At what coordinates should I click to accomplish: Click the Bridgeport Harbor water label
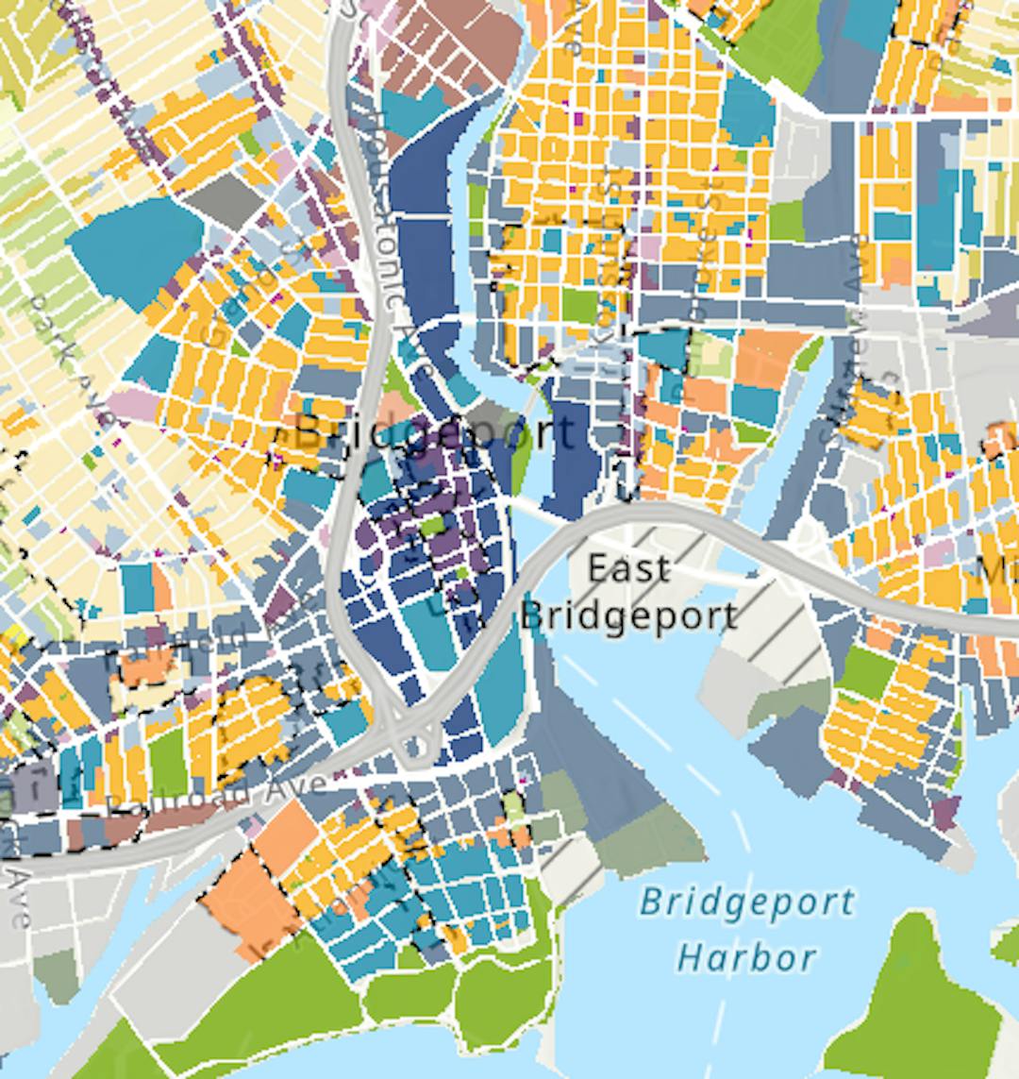click(x=745, y=929)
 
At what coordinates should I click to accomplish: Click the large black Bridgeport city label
click(x=434, y=433)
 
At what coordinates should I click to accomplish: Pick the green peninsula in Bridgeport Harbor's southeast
click(x=920, y=1001)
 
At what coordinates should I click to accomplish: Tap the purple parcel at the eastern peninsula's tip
click(x=945, y=810)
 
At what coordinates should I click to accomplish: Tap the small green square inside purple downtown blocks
click(x=431, y=525)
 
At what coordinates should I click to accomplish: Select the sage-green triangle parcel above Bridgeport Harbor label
click(x=651, y=840)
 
